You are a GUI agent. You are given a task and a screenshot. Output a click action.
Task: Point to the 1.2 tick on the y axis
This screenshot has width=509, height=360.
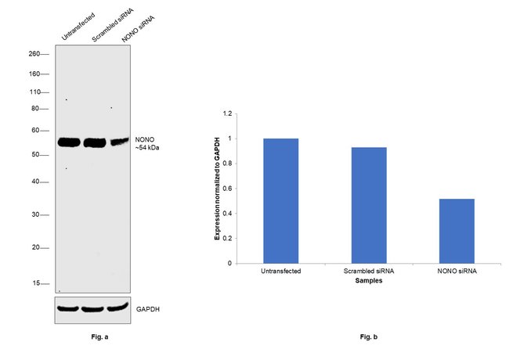point(228,113)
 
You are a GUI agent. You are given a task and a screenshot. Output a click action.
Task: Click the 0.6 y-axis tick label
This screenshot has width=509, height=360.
point(228,189)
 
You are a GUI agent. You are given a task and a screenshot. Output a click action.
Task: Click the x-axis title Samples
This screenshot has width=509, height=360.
point(368,280)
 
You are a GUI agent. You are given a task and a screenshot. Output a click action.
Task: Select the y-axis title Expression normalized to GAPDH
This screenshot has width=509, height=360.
point(218,188)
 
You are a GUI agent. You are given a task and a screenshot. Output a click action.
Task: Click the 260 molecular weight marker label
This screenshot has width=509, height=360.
point(34,55)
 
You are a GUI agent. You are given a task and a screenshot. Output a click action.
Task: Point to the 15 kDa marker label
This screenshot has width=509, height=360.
point(36,283)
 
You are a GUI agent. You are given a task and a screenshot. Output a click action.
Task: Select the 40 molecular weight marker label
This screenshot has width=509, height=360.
point(35,182)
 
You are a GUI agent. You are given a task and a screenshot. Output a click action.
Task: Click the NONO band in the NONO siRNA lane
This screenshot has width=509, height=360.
point(118,142)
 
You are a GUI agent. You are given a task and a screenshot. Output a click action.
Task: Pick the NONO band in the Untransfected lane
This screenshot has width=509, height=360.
point(69,142)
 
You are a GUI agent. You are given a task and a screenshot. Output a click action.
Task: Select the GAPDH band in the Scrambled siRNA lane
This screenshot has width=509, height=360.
point(93,308)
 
